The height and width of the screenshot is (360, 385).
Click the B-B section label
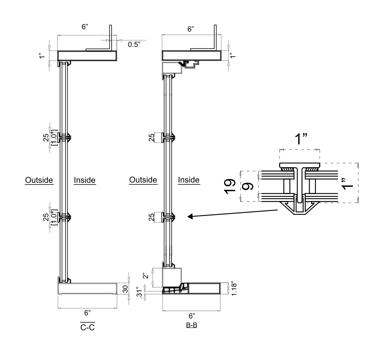click(x=191, y=325)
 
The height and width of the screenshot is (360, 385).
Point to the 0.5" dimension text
click(x=134, y=44)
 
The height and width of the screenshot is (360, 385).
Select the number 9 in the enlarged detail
click(x=249, y=186)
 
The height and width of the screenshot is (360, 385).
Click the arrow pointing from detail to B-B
click(x=231, y=214)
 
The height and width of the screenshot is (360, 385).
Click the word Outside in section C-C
click(x=39, y=180)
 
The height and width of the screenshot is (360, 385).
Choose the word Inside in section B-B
click(x=189, y=180)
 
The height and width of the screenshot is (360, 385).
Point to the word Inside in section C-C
click(x=84, y=180)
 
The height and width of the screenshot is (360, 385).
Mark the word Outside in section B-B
click(x=143, y=180)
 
